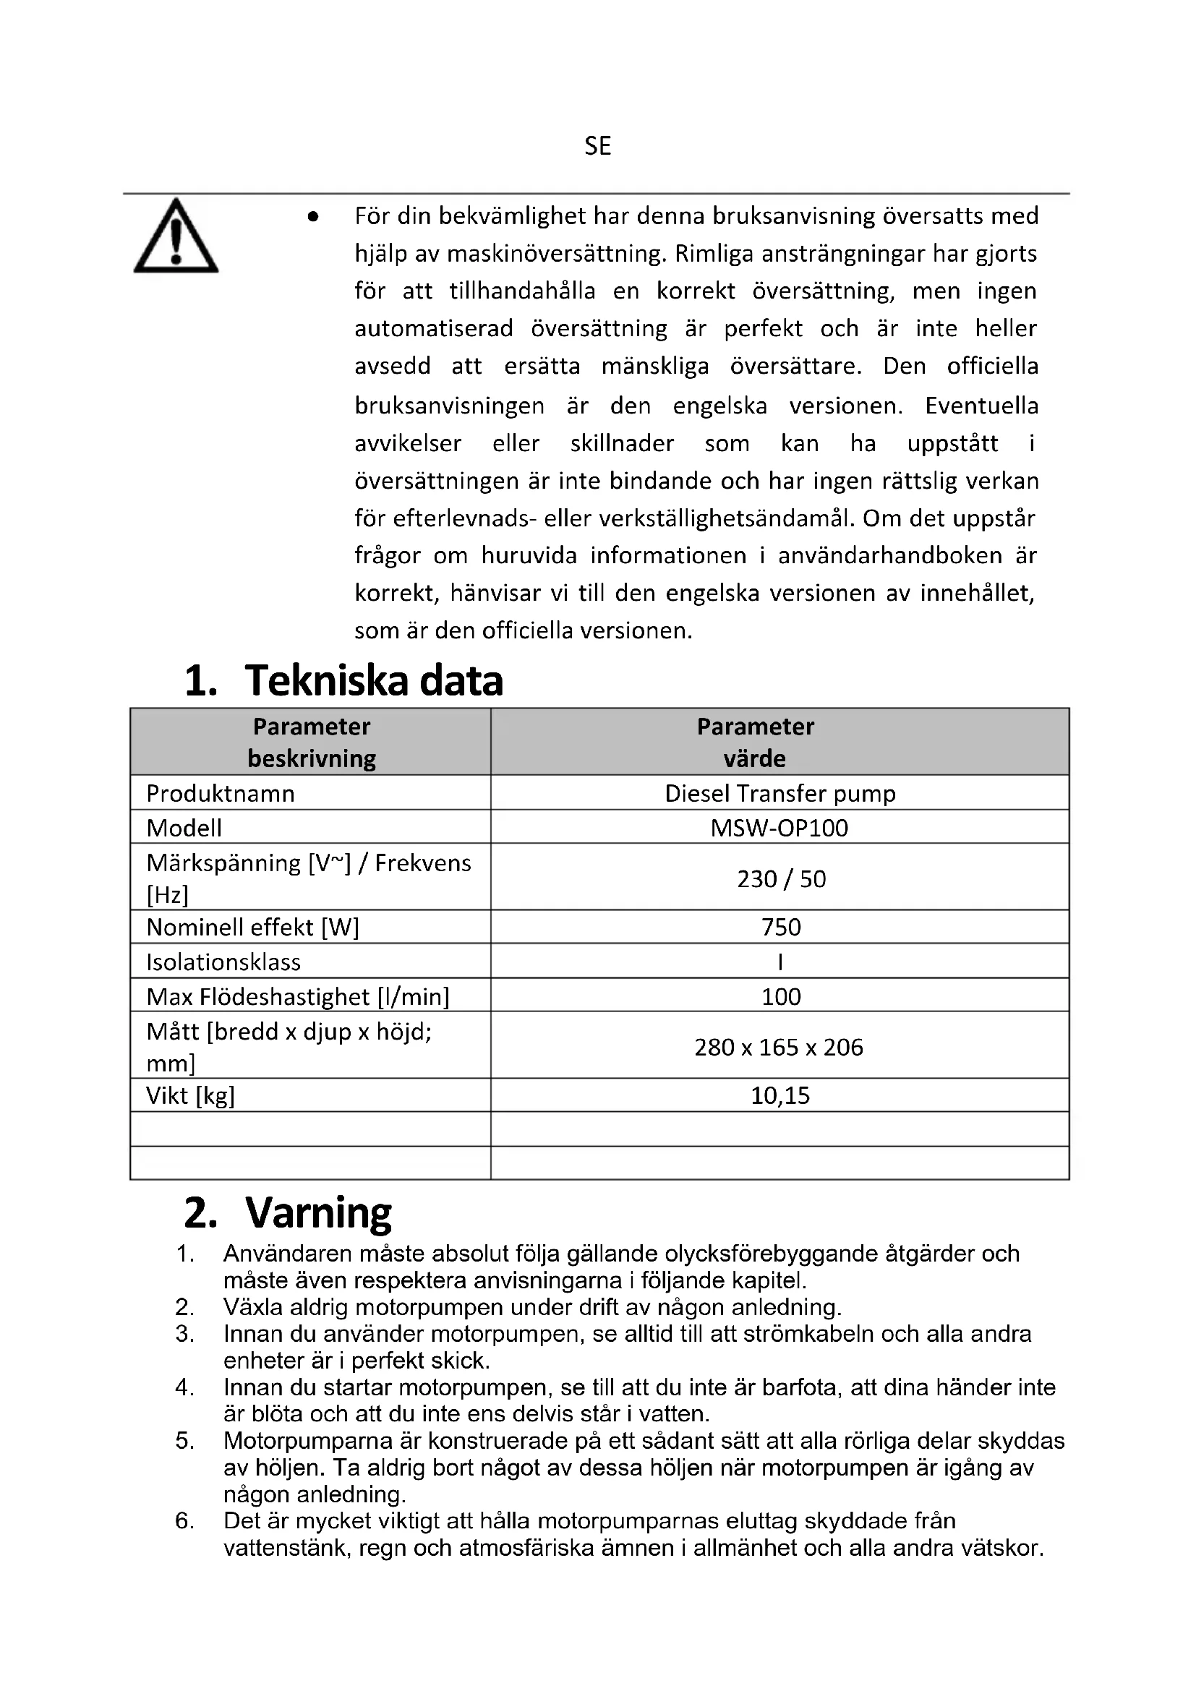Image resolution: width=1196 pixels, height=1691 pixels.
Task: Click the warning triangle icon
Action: [175, 237]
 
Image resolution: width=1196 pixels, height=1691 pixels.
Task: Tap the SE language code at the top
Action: [597, 147]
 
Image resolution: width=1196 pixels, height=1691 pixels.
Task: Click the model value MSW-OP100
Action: [779, 828]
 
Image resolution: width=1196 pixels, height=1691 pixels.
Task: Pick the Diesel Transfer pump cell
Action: [780, 793]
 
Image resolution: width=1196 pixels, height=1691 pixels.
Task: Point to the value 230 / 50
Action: [781, 878]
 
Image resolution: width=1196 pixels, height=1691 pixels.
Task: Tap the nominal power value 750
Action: [781, 927]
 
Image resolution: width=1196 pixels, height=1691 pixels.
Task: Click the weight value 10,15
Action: [780, 1095]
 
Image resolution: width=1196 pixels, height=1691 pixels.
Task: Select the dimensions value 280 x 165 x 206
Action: [779, 1047]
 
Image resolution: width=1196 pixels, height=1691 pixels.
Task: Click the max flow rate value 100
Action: [781, 996]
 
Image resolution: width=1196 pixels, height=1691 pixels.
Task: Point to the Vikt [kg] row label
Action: [190, 1095]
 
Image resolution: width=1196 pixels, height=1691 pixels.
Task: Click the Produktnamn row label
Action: [221, 793]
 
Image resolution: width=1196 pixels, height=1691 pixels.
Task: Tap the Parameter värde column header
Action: [755, 742]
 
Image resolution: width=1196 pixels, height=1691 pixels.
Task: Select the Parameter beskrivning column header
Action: [312, 742]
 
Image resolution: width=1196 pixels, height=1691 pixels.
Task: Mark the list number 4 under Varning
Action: [184, 1387]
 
